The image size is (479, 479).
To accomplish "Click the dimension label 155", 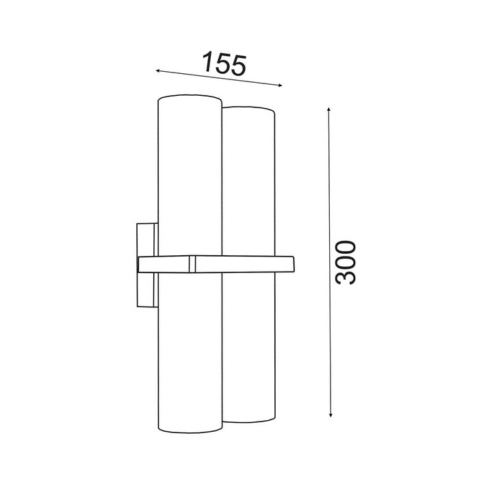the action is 224,64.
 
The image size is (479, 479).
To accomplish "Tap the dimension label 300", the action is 346,263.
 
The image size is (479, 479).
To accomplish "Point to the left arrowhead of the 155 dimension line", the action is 158,71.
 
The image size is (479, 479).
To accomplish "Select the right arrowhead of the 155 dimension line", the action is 279,86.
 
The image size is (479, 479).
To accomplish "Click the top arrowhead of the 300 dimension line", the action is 328,109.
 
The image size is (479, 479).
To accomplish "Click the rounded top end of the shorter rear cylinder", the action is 248,109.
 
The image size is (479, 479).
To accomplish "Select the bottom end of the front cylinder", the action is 190,430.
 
